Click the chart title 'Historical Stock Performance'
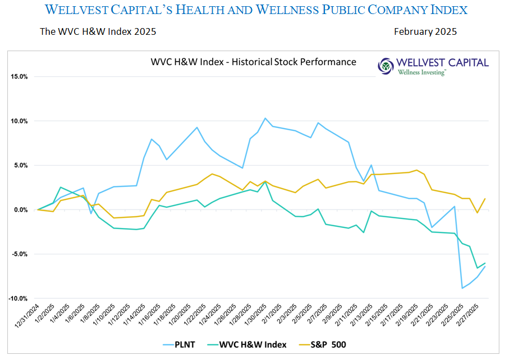(x=252, y=62)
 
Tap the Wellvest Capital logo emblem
(x=385, y=66)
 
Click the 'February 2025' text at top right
(x=425, y=31)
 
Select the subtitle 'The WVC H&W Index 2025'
(x=98, y=31)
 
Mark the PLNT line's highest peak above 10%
(x=265, y=118)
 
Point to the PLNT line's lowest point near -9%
(x=462, y=288)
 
